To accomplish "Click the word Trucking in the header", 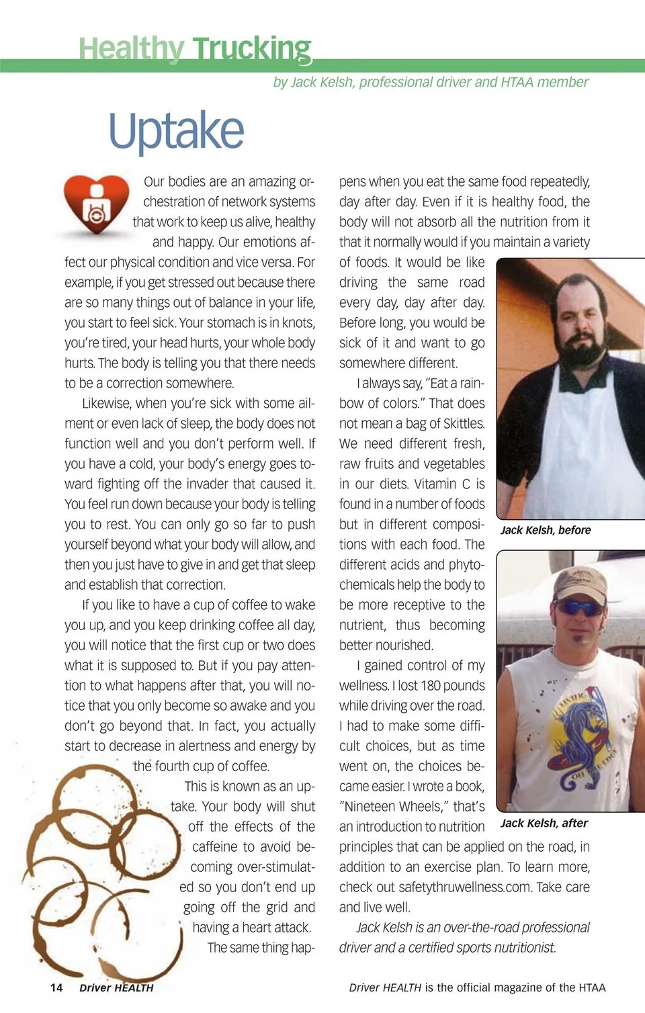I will click(252, 49).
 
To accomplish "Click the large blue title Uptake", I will click(176, 131).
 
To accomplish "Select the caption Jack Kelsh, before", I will click(546, 530).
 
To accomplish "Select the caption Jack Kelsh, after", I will click(544, 823).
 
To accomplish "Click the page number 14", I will click(56, 987).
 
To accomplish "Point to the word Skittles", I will click(463, 424).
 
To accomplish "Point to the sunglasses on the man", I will click(579, 608).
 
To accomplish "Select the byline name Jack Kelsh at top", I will click(321, 83).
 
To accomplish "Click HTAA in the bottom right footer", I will click(592, 987).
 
